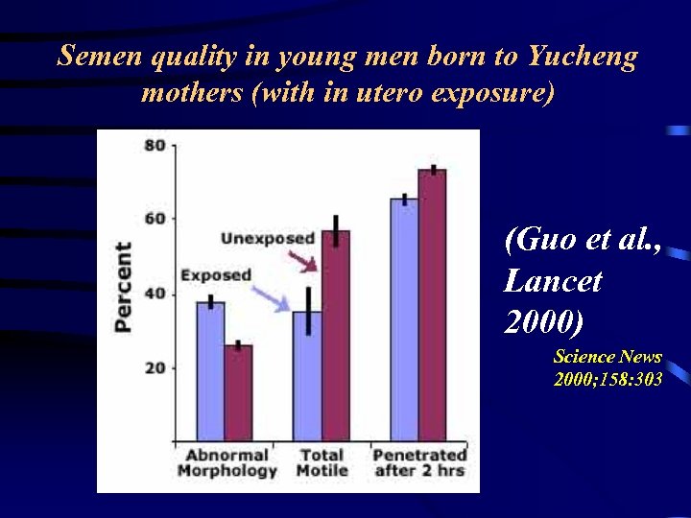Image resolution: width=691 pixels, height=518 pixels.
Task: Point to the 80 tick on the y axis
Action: pos(155,146)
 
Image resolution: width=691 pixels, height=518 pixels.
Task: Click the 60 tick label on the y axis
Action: pos(155,219)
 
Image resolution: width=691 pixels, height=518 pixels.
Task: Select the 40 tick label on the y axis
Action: pos(155,294)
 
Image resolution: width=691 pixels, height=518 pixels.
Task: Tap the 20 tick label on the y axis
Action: pos(155,367)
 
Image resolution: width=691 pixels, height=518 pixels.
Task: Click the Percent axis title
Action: pos(124,287)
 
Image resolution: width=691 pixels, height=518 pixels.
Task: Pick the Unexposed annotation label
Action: pos(268,238)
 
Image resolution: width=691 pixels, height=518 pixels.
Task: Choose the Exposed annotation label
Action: pos(216,275)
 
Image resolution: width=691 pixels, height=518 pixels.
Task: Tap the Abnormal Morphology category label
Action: pos(227,462)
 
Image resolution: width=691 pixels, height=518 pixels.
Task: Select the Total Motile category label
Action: pos(322,462)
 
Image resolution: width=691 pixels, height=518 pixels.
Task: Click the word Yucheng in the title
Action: pos(582,57)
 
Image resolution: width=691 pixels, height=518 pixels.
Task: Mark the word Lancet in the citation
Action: pos(553,280)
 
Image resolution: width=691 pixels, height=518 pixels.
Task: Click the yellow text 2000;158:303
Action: pos(608,380)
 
